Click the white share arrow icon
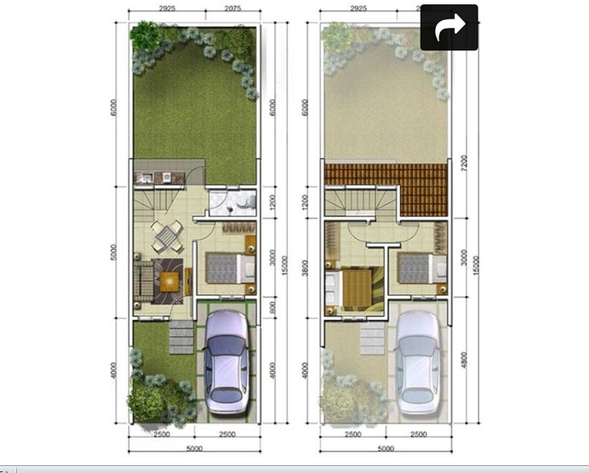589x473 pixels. point(448,27)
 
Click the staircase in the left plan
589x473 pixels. point(151,204)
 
